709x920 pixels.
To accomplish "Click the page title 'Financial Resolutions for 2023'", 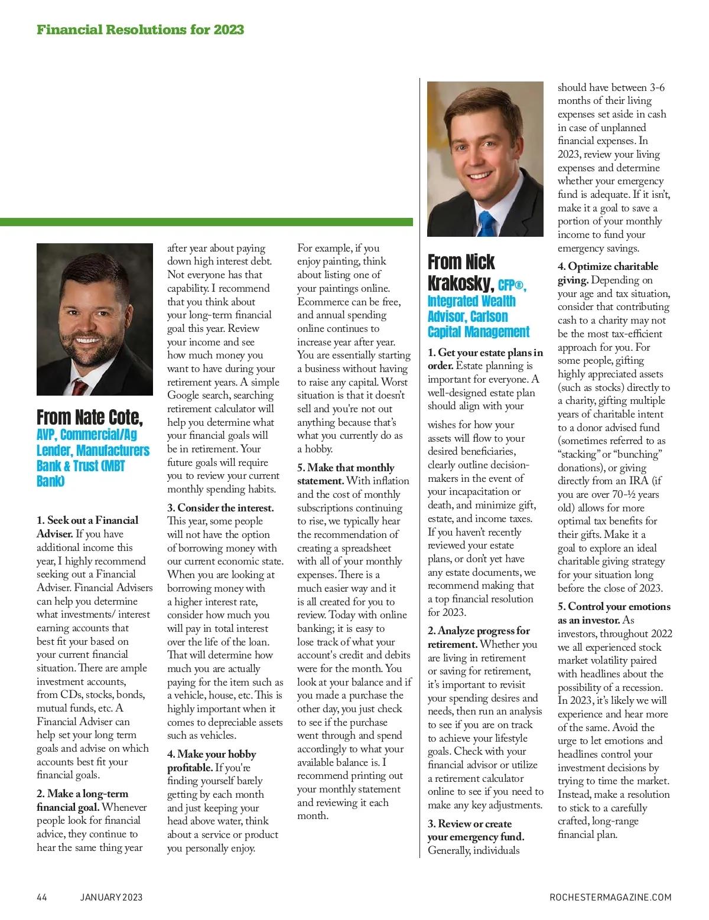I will pos(140,30).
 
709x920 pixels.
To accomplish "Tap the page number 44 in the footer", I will pos(42,897).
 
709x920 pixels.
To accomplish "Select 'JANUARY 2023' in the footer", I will pos(111,897).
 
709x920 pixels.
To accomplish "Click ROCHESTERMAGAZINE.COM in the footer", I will pos(610,897).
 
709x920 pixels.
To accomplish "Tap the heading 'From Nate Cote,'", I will pos(89,417).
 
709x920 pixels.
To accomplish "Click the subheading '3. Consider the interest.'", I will pos(220,508).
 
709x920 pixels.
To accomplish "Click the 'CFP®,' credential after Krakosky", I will pos(512,286).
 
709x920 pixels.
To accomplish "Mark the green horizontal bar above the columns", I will pos(206,222).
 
